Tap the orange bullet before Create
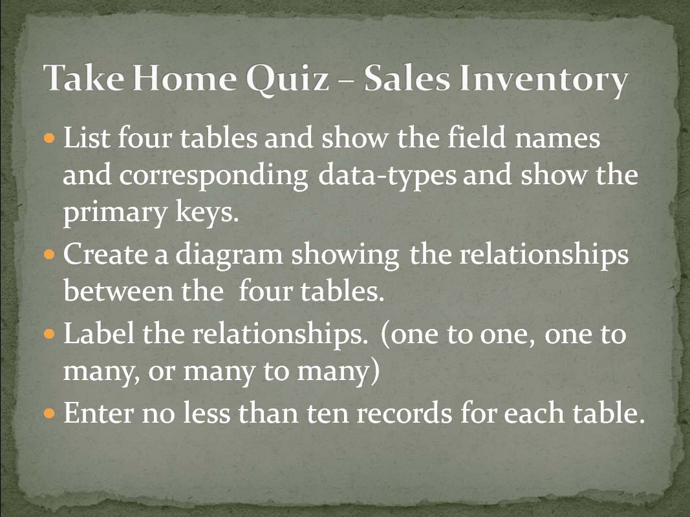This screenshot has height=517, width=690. pos(50,255)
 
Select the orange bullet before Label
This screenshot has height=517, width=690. pos(50,333)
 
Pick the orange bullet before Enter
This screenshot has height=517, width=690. pos(50,413)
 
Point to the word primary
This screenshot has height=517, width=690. pos(115,214)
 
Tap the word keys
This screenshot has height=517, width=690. pos(207,213)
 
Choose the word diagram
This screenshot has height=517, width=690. pos(229,255)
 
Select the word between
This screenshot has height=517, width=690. pos(118,291)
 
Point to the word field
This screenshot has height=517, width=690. pos(477,137)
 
